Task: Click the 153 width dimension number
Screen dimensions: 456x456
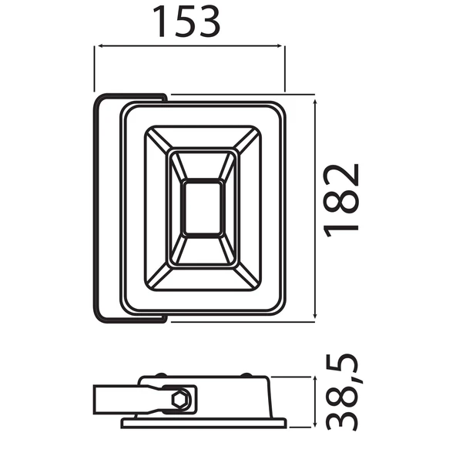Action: (189, 22)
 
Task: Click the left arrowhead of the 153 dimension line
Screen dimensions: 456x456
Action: (98, 47)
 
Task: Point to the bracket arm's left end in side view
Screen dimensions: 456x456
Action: (96, 401)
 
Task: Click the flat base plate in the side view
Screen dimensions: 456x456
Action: (203, 423)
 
